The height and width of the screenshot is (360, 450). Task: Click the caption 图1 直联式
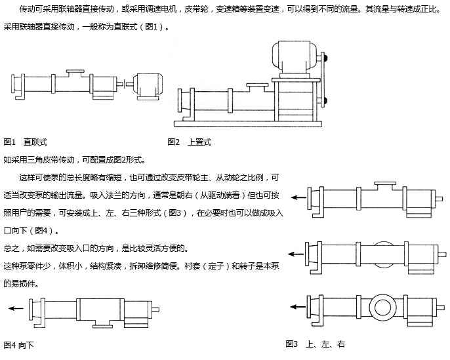coord(26,142)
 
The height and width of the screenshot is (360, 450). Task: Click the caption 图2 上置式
coord(190,142)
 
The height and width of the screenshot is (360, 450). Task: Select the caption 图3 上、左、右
coord(316,344)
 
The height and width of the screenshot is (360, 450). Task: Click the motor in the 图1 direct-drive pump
coord(148,86)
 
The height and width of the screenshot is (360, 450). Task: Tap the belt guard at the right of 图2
coord(323,79)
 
